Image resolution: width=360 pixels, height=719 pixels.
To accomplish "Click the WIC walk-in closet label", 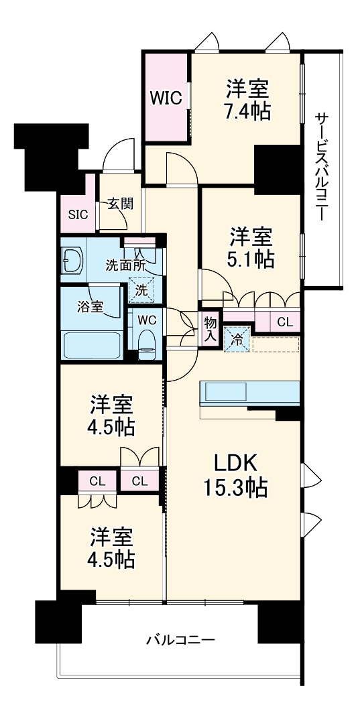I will pos(166,98).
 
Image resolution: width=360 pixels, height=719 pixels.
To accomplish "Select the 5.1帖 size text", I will pos(252,259).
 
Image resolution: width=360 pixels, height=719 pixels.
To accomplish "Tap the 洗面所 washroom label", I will pos(124,264).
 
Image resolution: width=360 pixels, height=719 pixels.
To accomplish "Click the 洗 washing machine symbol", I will pos(141,290).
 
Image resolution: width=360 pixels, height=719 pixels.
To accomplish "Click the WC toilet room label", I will pos(147,320).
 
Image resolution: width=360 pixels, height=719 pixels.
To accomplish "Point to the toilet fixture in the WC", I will pos(147,345).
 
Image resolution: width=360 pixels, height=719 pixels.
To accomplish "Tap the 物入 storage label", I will pos(210,329).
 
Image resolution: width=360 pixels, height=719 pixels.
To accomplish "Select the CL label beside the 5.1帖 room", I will pos(285,322).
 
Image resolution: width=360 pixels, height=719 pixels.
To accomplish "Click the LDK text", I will pos(236,463).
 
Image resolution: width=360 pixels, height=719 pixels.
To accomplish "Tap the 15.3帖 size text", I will pos(236,488).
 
